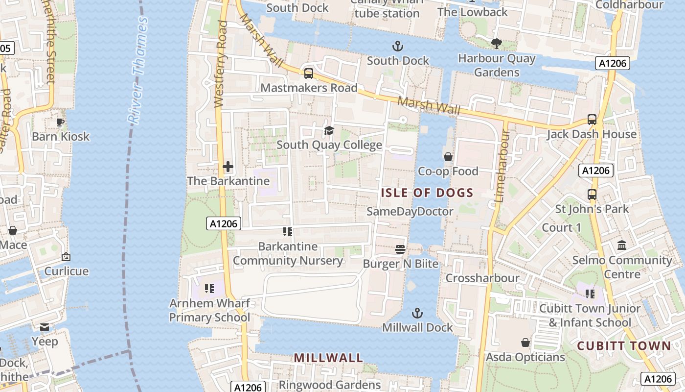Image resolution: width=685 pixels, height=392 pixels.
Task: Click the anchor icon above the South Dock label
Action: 398,47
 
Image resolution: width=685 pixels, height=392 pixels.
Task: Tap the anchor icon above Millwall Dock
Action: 417,313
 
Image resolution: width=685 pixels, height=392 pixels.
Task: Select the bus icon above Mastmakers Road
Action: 309,73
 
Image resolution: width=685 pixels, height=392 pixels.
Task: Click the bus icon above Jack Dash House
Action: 592,120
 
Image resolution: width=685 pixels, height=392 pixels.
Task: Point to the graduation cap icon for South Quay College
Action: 329,131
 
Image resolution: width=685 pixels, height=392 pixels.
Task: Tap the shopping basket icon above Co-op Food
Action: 448,157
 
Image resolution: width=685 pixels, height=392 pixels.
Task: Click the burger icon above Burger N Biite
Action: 400,249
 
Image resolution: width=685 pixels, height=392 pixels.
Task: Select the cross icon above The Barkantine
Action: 228,167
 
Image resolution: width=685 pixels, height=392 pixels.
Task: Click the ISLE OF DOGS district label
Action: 427,193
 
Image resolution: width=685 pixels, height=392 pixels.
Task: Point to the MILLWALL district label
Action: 328,358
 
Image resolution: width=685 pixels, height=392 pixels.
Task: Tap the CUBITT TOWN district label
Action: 624,346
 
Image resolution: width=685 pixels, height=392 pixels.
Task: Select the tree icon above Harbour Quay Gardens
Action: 497,43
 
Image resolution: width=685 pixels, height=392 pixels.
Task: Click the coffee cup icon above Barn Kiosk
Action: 60,122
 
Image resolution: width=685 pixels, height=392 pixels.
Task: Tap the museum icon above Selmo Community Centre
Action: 622,245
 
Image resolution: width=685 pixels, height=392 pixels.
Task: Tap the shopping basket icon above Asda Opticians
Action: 525,342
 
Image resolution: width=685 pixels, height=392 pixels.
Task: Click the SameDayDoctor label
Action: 410,212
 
